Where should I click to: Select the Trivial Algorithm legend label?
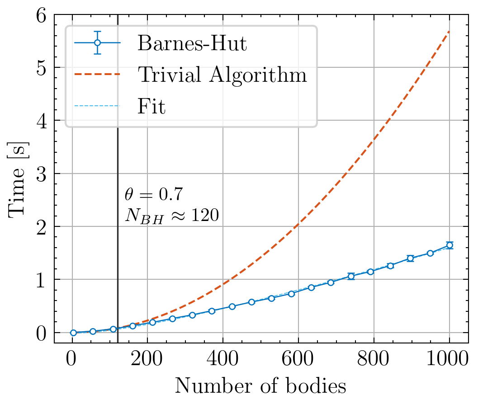pos(222,75)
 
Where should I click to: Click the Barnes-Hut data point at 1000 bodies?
pos(450,245)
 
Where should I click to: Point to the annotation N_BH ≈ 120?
pos(172,216)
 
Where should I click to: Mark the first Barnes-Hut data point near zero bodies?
pos(73,333)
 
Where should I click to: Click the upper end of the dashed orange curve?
pos(449,31)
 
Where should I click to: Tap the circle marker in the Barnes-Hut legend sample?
pos(97,43)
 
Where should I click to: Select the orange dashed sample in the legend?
pos(97,75)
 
